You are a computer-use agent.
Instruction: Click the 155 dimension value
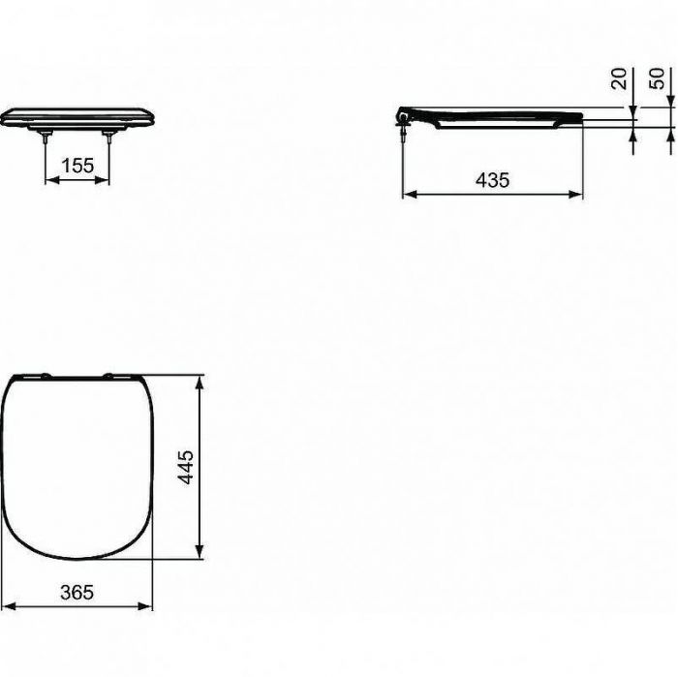(x=77, y=166)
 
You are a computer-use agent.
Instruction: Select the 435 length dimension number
(x=492, y=179)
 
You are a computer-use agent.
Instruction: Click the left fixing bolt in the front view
(x=45, y=138)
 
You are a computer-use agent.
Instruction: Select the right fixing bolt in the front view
(x=112, y=138)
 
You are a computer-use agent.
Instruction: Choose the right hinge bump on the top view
(x=114, y=374)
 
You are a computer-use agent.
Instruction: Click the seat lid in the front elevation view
(x=77, y=113)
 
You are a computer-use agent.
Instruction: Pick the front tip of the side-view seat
(x=580, y=117)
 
